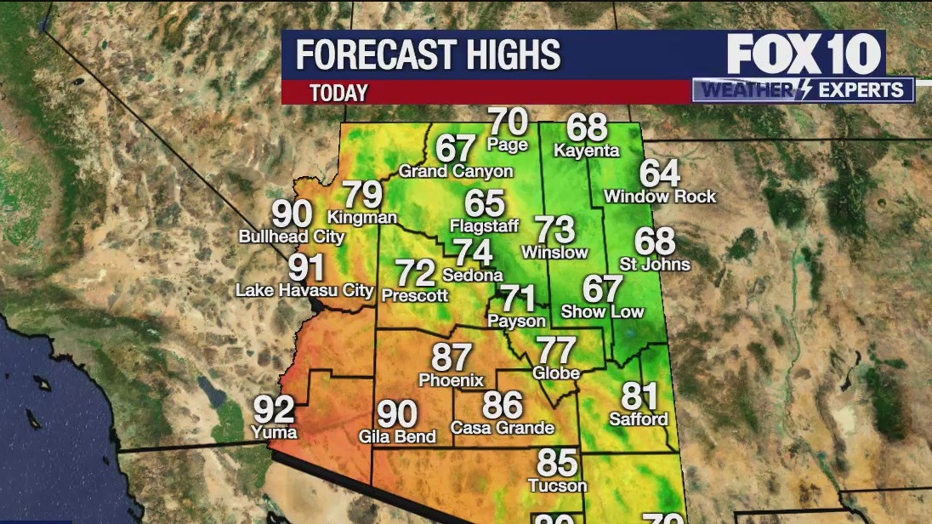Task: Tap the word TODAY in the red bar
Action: click(338, 93)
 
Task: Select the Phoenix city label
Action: click(451, 380)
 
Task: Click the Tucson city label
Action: click(557, 486)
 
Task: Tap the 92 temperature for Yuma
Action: click(275, 410)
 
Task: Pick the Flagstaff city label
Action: click(484, 225)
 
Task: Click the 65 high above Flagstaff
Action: click(485, 203)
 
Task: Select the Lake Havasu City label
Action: click(304, 290)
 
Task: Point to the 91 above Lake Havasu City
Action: click(306, 268)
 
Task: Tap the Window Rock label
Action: click(660, 196)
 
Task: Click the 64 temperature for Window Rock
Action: click(660, 174)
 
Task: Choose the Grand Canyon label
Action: click(456, 171)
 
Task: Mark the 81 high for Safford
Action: click(639, 396)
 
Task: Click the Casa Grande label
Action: click(503, 428)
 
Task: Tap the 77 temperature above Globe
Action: click(556, 350)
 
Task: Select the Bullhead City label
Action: click(292, 236)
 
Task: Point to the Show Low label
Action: click(602, 311)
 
